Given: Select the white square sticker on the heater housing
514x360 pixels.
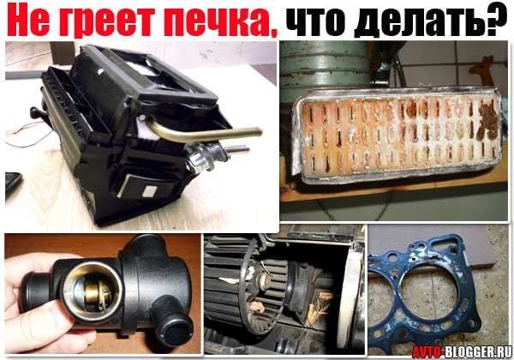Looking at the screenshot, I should (x=136, y=183).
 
